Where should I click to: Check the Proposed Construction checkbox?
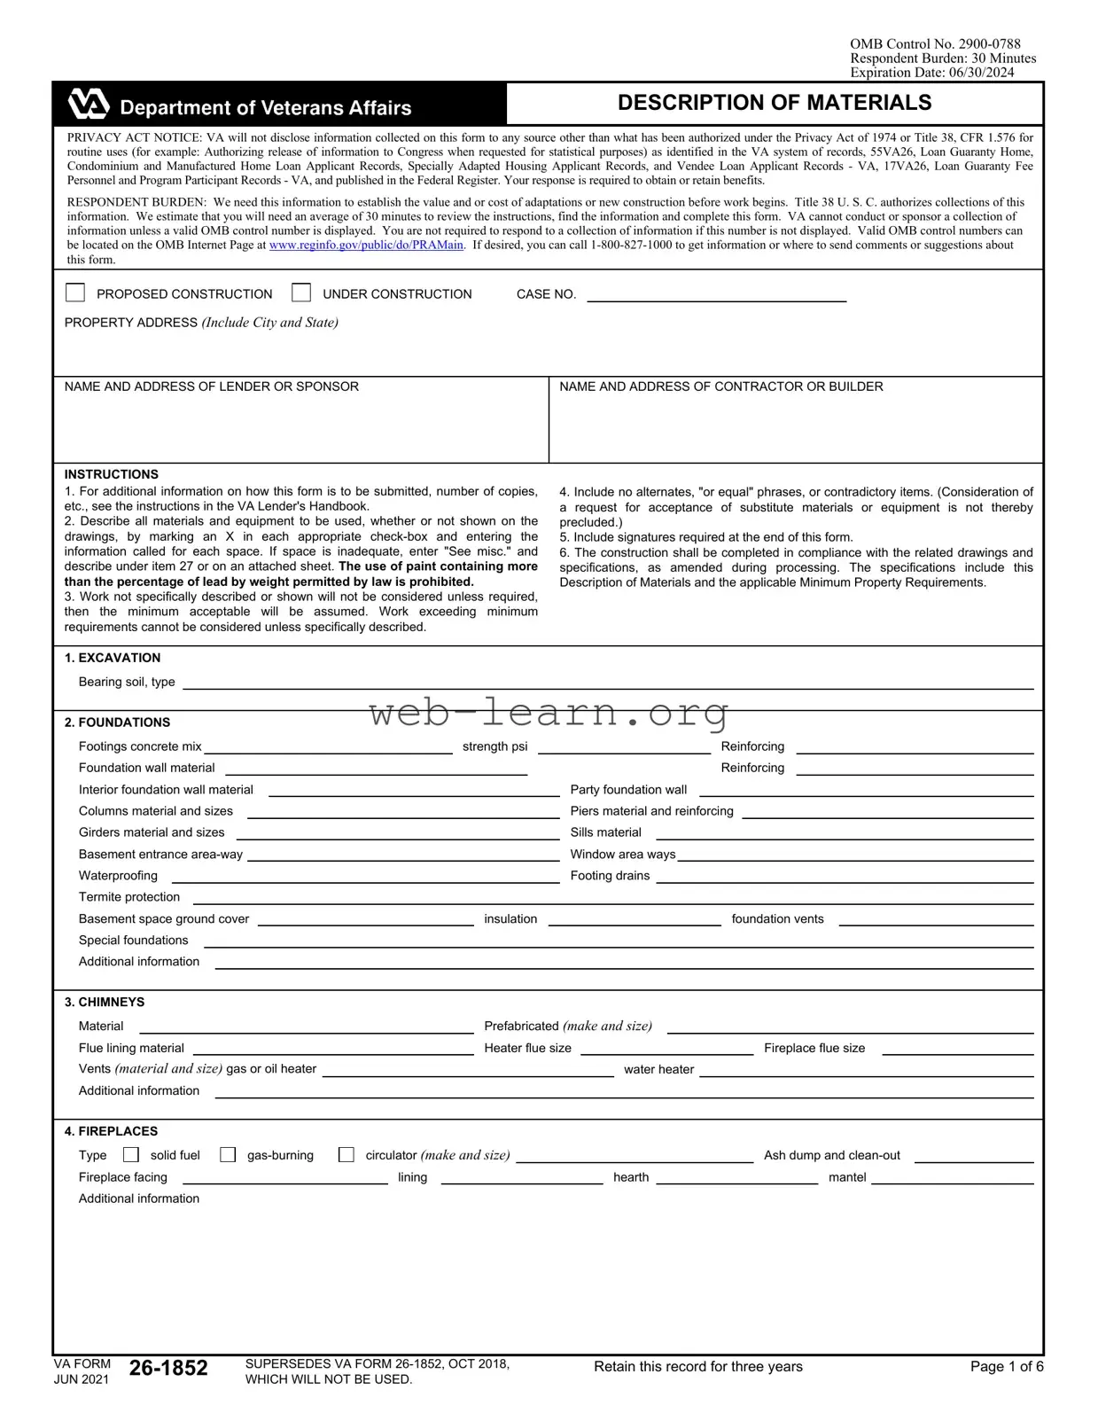(76, 293)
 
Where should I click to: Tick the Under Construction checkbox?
(301, 293)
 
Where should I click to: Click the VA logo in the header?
(89, 105)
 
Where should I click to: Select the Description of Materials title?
(774, 103)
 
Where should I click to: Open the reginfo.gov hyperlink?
(366, 246)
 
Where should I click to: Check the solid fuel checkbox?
(131, 1154)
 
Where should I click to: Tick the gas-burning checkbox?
(228, 1154)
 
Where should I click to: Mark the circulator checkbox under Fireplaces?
(347, 1154)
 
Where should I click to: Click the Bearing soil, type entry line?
(607, 683)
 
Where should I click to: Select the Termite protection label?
(129, 897)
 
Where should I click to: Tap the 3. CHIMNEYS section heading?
(105, 1002)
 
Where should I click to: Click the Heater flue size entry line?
(666, 1050)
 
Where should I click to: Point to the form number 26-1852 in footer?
(168, 1368)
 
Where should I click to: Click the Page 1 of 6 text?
(1006, 1367)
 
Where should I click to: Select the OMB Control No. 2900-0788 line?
(934, 43)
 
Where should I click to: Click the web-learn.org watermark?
(549, 712)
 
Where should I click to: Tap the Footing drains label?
(610, 876)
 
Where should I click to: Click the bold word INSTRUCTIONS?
(112, 474)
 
